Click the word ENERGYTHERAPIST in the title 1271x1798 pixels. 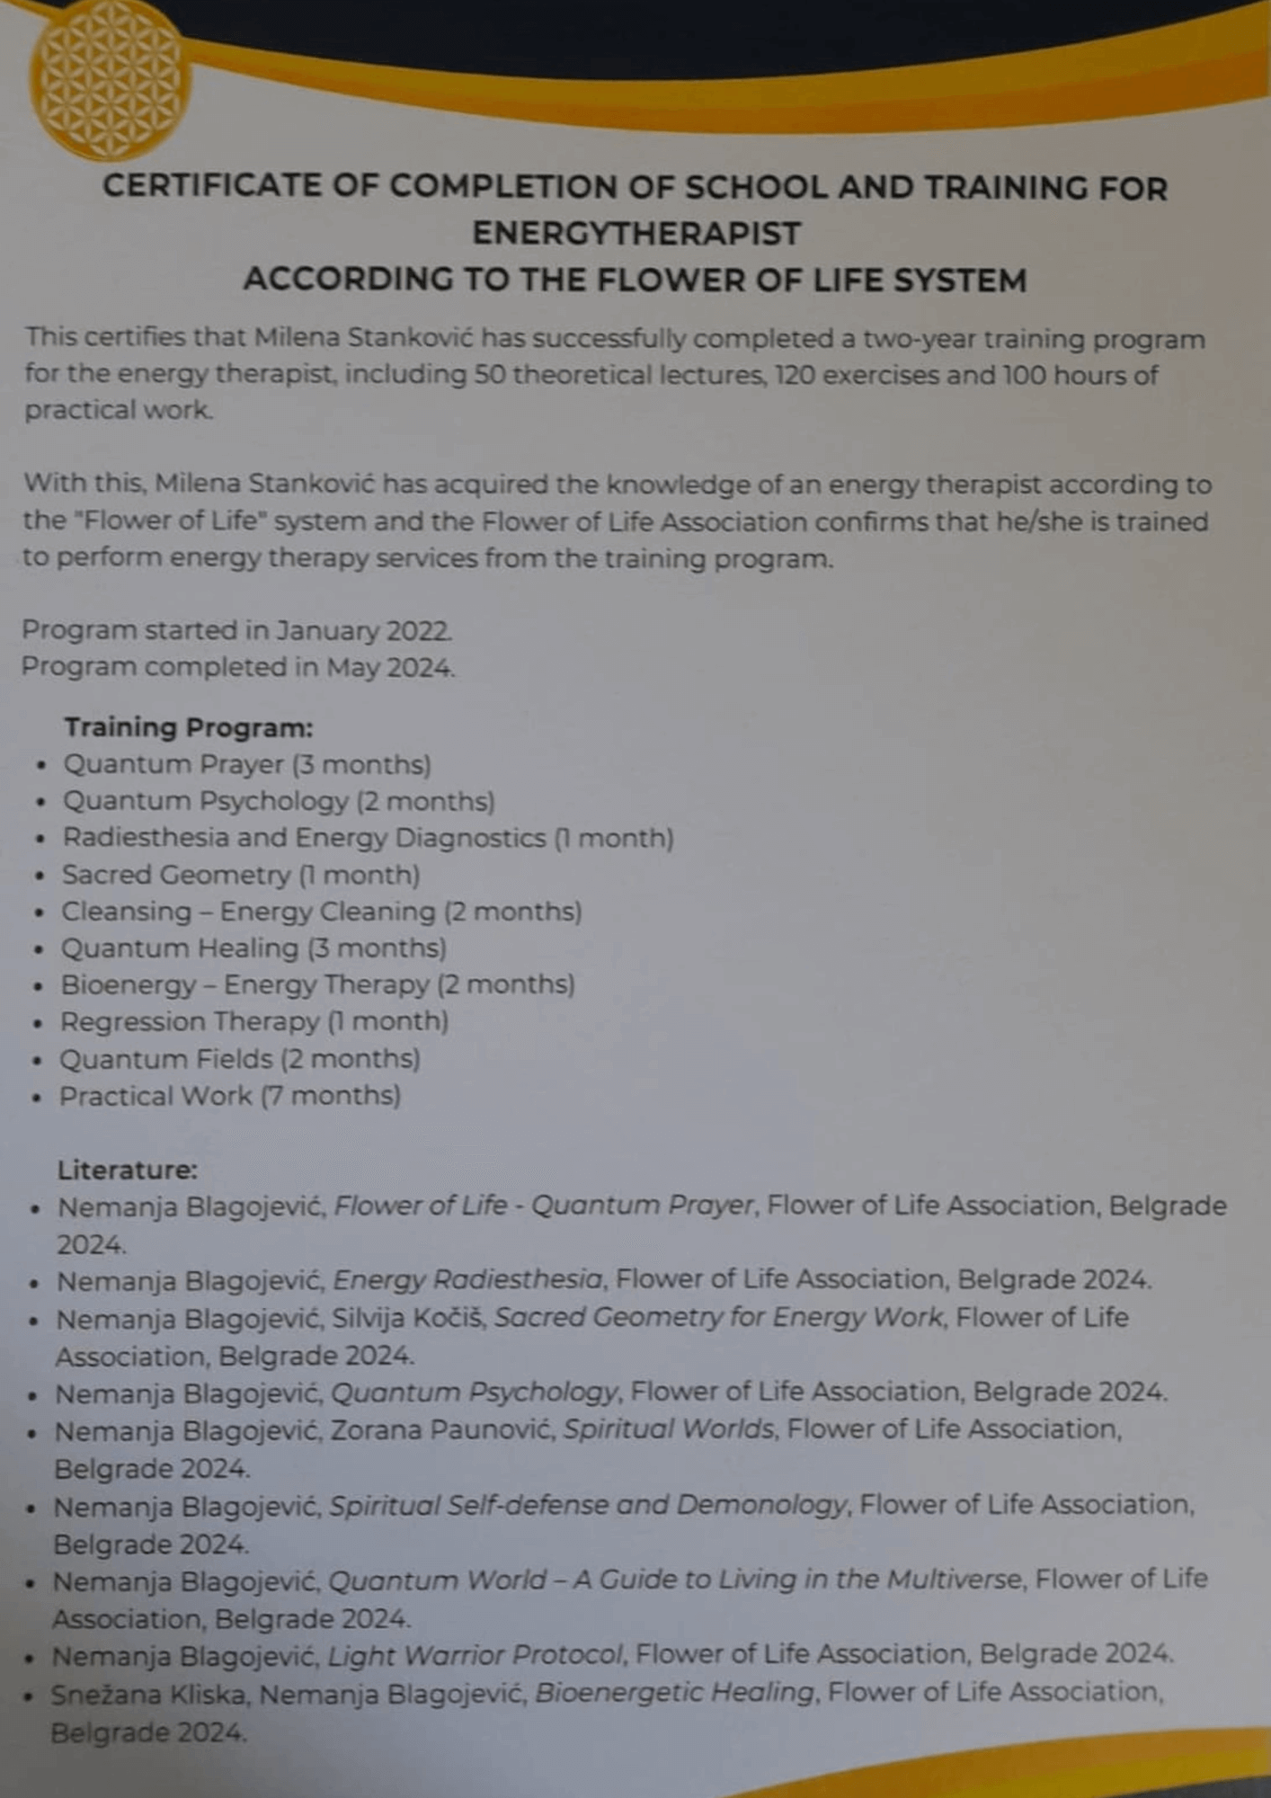(635, 234)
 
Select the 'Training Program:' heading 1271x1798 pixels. (188, 726)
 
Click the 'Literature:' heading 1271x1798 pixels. (127, 1170)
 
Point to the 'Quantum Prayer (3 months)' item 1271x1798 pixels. (246, 764)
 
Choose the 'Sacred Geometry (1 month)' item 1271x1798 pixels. (240, 875)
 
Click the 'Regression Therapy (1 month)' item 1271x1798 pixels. (253, 1021)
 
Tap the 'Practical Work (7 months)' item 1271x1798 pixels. (229, 1096)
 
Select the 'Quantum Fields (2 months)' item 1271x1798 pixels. (239, 1059)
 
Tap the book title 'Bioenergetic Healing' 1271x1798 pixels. (674, 1693)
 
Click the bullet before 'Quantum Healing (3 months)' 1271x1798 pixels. (39, 949)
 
